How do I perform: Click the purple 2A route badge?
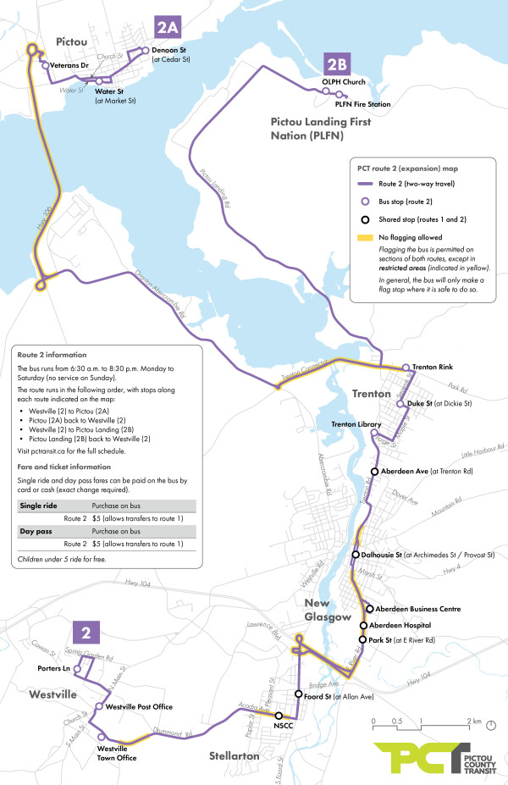[167, 27]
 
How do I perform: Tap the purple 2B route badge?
[337, 64]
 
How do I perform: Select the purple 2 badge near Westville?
[86, 632]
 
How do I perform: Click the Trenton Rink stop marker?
[406, 368]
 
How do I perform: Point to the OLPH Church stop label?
[343, 82]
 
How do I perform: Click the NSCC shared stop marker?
[279, 716]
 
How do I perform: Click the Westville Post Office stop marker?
[99, 706]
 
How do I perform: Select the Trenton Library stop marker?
[374, 433]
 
